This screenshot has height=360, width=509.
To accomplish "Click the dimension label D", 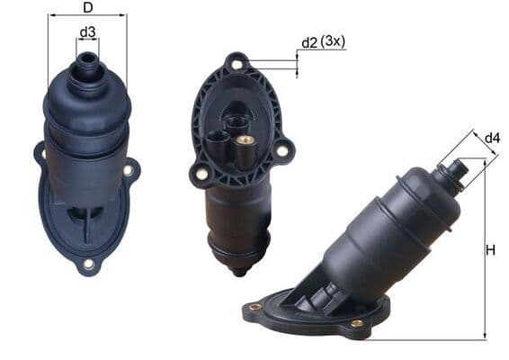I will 87,8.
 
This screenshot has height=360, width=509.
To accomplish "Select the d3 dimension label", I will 87,33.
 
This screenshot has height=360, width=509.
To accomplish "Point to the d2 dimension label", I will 309,42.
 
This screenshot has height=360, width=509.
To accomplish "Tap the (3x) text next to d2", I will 334,42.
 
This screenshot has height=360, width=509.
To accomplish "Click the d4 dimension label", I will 491,138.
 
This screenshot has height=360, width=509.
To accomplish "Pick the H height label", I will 490,250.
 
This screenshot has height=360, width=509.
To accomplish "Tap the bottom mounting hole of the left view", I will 88,264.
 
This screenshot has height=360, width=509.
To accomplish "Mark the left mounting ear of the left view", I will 40,155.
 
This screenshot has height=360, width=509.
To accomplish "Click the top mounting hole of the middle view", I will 237,66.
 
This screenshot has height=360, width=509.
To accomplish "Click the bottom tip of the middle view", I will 237,272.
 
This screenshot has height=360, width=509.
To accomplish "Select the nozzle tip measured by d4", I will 457,167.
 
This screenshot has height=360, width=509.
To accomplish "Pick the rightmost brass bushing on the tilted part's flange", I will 357,322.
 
